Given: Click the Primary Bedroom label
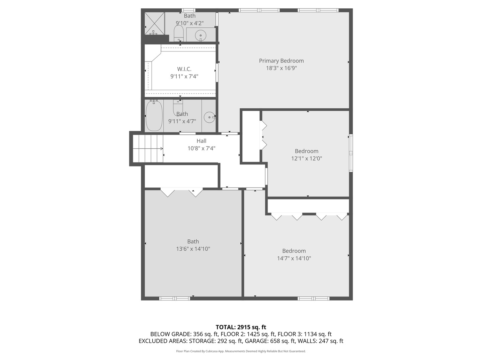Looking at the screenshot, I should pyautogui.click(x=281, y=61).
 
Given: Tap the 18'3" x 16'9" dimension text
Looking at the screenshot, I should pyautogui.click(x=281, y=68).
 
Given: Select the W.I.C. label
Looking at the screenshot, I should pyautogui.click(x=184, y=69).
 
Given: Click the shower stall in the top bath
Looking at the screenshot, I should pyautogui.click(x=154, y=23).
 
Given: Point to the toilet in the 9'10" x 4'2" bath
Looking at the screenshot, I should pyautogui.click(x=178, y=33).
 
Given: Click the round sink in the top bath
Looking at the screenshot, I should pyautogui.click(x=200, y=35).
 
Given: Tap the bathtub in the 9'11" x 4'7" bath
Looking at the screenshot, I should pyautogui.click(x=154, y=116).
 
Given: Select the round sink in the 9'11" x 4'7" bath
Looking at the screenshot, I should pyautogui.click(x=209, y=117).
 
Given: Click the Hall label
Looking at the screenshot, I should pyautogui.click(x=201, y=141).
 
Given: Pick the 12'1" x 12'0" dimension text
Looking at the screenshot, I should pyautogui.click(x=306, y=158).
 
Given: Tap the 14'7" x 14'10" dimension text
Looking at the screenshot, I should pyautogui.click(x=294, y=258).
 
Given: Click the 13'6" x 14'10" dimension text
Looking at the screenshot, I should pyautogui.click(x=193, y=249).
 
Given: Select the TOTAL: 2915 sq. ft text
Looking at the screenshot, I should pyautogui.click(x=241, y=327).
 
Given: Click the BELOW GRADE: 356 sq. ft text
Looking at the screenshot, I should pyautogui.click(x=184, y=334).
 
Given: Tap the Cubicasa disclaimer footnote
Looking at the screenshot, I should pyautogui.click(x=241, y=351).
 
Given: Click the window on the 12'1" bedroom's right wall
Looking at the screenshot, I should pyautogui.click(x=350, y=153).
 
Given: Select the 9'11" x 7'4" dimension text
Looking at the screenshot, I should pyautogui.click(x=184, y=77).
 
